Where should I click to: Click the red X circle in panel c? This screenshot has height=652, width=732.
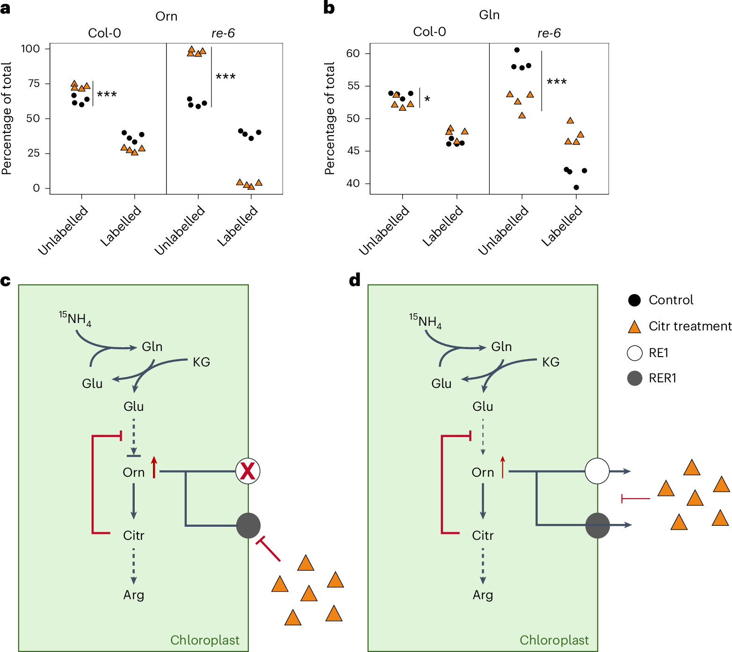point(247,471)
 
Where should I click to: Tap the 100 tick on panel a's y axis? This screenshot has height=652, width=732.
point(30,49)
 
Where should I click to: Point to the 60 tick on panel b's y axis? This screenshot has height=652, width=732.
point(353,53)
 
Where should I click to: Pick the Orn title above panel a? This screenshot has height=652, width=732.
point(166,16)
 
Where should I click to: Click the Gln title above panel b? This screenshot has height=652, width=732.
point(489,15)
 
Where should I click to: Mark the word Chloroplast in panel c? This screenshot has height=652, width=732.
point(204,640)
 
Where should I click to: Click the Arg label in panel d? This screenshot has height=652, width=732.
point(483,595)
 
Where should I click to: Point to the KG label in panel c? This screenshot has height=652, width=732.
point(201,362)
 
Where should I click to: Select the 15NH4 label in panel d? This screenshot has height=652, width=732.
point(425,321)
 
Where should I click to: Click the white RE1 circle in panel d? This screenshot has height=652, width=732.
point(597,471)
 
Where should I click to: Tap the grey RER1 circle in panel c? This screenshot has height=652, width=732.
point(248,525)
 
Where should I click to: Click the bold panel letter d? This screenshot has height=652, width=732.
point(355,280)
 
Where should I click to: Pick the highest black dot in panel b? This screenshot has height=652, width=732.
point(517,50)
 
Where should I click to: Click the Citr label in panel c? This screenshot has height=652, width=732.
point(133,536)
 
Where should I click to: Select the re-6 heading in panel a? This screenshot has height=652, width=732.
point(223,33)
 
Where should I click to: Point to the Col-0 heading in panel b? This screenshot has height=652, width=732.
point(429,32)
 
